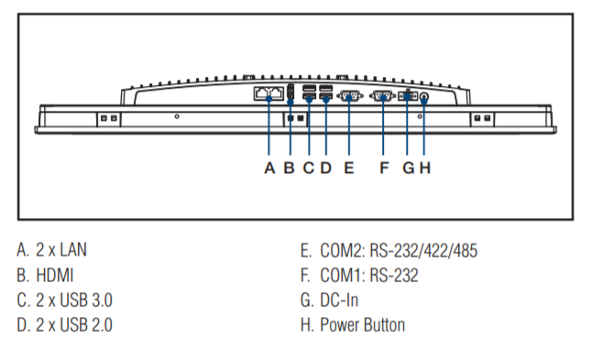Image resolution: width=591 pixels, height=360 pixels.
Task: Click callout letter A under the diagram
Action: tap(269, 169)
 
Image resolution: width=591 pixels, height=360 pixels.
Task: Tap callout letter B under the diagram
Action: tap(290, 169)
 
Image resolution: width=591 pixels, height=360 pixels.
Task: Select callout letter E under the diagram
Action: tap(349, 169)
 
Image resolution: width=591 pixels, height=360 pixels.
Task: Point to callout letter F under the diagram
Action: tap(384, 169)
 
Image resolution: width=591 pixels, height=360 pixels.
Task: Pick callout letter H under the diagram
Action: tap(425, 169)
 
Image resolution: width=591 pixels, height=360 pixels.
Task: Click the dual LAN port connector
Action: tap(269, 93)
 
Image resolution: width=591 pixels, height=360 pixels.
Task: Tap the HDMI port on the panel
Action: tap(290, 92)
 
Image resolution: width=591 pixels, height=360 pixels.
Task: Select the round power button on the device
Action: tap(424, 97)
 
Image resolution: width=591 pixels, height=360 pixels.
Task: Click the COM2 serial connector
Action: tap(349, 96)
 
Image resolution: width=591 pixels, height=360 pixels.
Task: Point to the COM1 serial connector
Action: tap(383, 96)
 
